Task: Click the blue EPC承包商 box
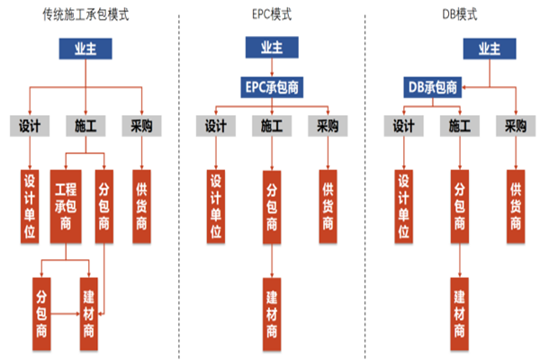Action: [269, 86]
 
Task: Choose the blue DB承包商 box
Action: [431, 87]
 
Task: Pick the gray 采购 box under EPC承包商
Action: [325, 127]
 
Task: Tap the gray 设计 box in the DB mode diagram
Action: [402, 127]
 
